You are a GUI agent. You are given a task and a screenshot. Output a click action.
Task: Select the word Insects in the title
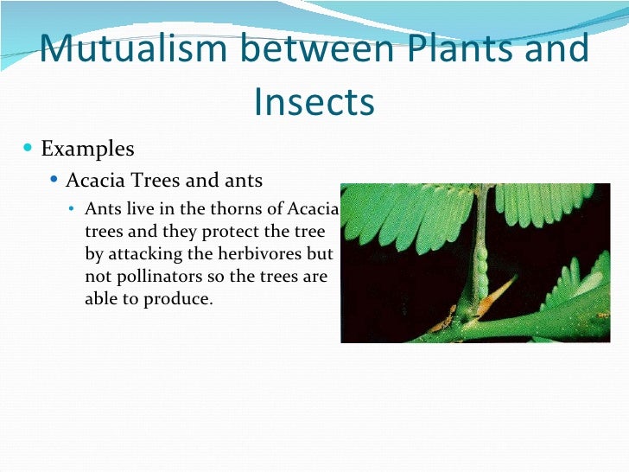(314, 102)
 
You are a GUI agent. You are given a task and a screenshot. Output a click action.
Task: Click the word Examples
(87, 149)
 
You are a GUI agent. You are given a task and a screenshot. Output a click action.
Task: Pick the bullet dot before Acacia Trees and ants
(54, 181)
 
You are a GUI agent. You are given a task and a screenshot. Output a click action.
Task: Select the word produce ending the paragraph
(181, 300)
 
